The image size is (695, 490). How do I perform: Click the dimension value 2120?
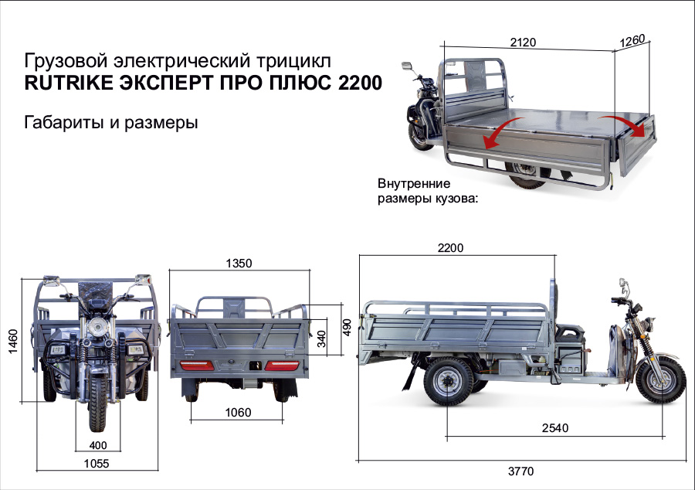point(523,42)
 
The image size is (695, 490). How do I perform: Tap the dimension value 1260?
point(632,40)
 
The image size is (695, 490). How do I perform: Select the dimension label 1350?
point(239,263)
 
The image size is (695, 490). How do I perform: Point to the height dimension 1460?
point(12,339)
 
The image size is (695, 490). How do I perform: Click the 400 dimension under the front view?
point(98,444)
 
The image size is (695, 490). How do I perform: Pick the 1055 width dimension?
point(97,464)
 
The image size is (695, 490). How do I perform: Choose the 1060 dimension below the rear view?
point(238,413)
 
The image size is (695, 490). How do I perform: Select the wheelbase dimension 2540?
point(554,427)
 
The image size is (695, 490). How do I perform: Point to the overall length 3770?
point(520,471)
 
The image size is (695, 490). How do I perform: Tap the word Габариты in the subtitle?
point(59,122)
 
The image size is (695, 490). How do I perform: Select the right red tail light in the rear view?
point(282,365)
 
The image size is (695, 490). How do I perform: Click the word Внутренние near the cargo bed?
point(414,184)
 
